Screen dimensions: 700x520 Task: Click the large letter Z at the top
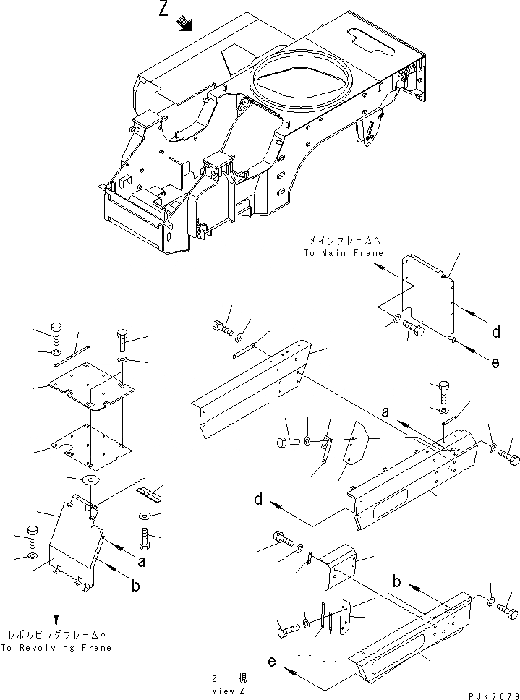pyautogui.click(x=166, y=11)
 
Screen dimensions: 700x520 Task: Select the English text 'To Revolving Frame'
pyautogui.click(x=56, y=648)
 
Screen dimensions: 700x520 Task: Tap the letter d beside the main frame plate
pyautogui.click(x=495, y=332)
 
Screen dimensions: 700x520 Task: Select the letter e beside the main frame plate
pyautogui.click(x=495, y=363)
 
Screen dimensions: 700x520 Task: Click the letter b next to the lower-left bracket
pyautogui.click(x=135, y=586)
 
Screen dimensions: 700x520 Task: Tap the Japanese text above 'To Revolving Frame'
pyautogui.click(x=56, y=635)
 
